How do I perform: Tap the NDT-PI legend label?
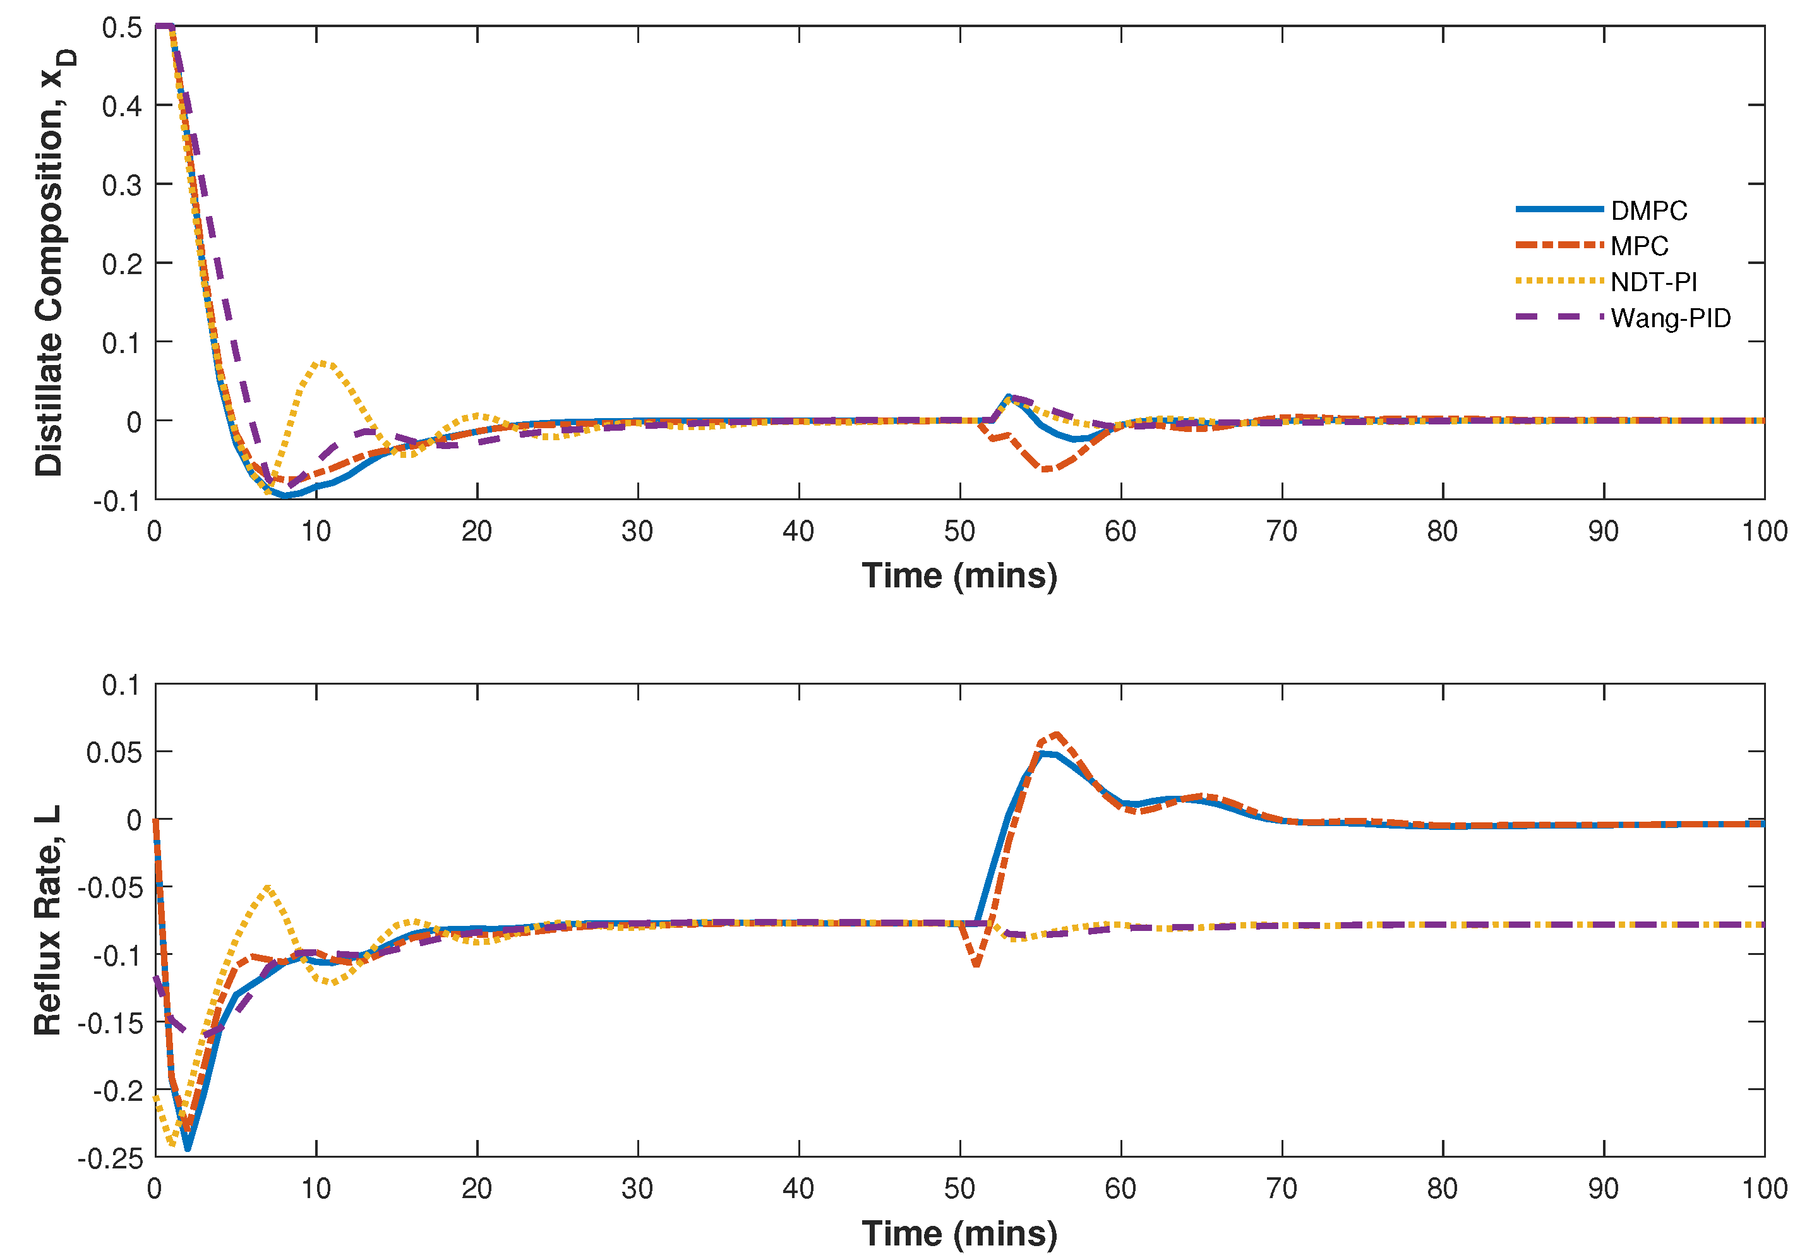coord(1654,282)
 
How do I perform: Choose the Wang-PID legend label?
coord(1670,318)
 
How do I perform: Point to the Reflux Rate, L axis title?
coord(47,919)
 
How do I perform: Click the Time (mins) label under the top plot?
coord(959,576)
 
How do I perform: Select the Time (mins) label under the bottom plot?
coord(959,1233)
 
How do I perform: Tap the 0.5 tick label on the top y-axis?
coord(122,28)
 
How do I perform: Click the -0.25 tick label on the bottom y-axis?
coord(111,1158)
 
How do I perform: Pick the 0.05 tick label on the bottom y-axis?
coord(114,752)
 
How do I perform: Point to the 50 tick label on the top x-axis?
coord(959,532)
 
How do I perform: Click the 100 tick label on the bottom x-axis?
coord(1763,1189)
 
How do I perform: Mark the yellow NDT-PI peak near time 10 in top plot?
coord(323,363)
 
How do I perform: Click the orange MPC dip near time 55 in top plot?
coord(1047,469)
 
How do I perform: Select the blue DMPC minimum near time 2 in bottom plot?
coord(188,1148)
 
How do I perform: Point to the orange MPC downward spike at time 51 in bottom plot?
coord(976,964)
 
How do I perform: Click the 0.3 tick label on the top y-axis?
coord(122,186)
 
